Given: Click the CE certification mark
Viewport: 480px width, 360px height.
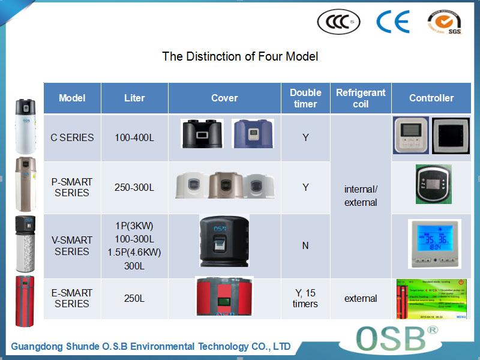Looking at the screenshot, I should pos(392,22).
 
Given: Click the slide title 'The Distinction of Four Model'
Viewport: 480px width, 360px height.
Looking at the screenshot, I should pos(240,57).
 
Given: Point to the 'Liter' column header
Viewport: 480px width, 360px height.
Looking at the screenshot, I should pos(134,98).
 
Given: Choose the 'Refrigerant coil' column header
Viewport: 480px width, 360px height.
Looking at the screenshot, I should pos(361,98).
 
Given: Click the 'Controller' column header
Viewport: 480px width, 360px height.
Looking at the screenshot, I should pos(431,98).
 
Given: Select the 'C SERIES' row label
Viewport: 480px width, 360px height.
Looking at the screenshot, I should pos(72,137).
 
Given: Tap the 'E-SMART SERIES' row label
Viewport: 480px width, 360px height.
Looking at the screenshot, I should pos(72,298).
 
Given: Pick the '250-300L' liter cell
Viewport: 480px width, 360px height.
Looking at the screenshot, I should pos(134,187).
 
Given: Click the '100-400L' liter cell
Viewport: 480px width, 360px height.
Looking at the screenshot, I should pos(134,137).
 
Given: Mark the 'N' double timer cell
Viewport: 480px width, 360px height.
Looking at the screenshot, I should pos(305,245).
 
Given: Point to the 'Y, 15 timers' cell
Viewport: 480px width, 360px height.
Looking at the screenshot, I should pos(305,298).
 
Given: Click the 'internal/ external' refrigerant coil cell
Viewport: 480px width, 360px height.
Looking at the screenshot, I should pos(361,196).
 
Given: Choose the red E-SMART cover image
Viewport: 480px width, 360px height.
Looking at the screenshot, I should pos(224,296).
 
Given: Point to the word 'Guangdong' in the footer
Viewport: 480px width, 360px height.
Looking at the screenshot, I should pos(37,346).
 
